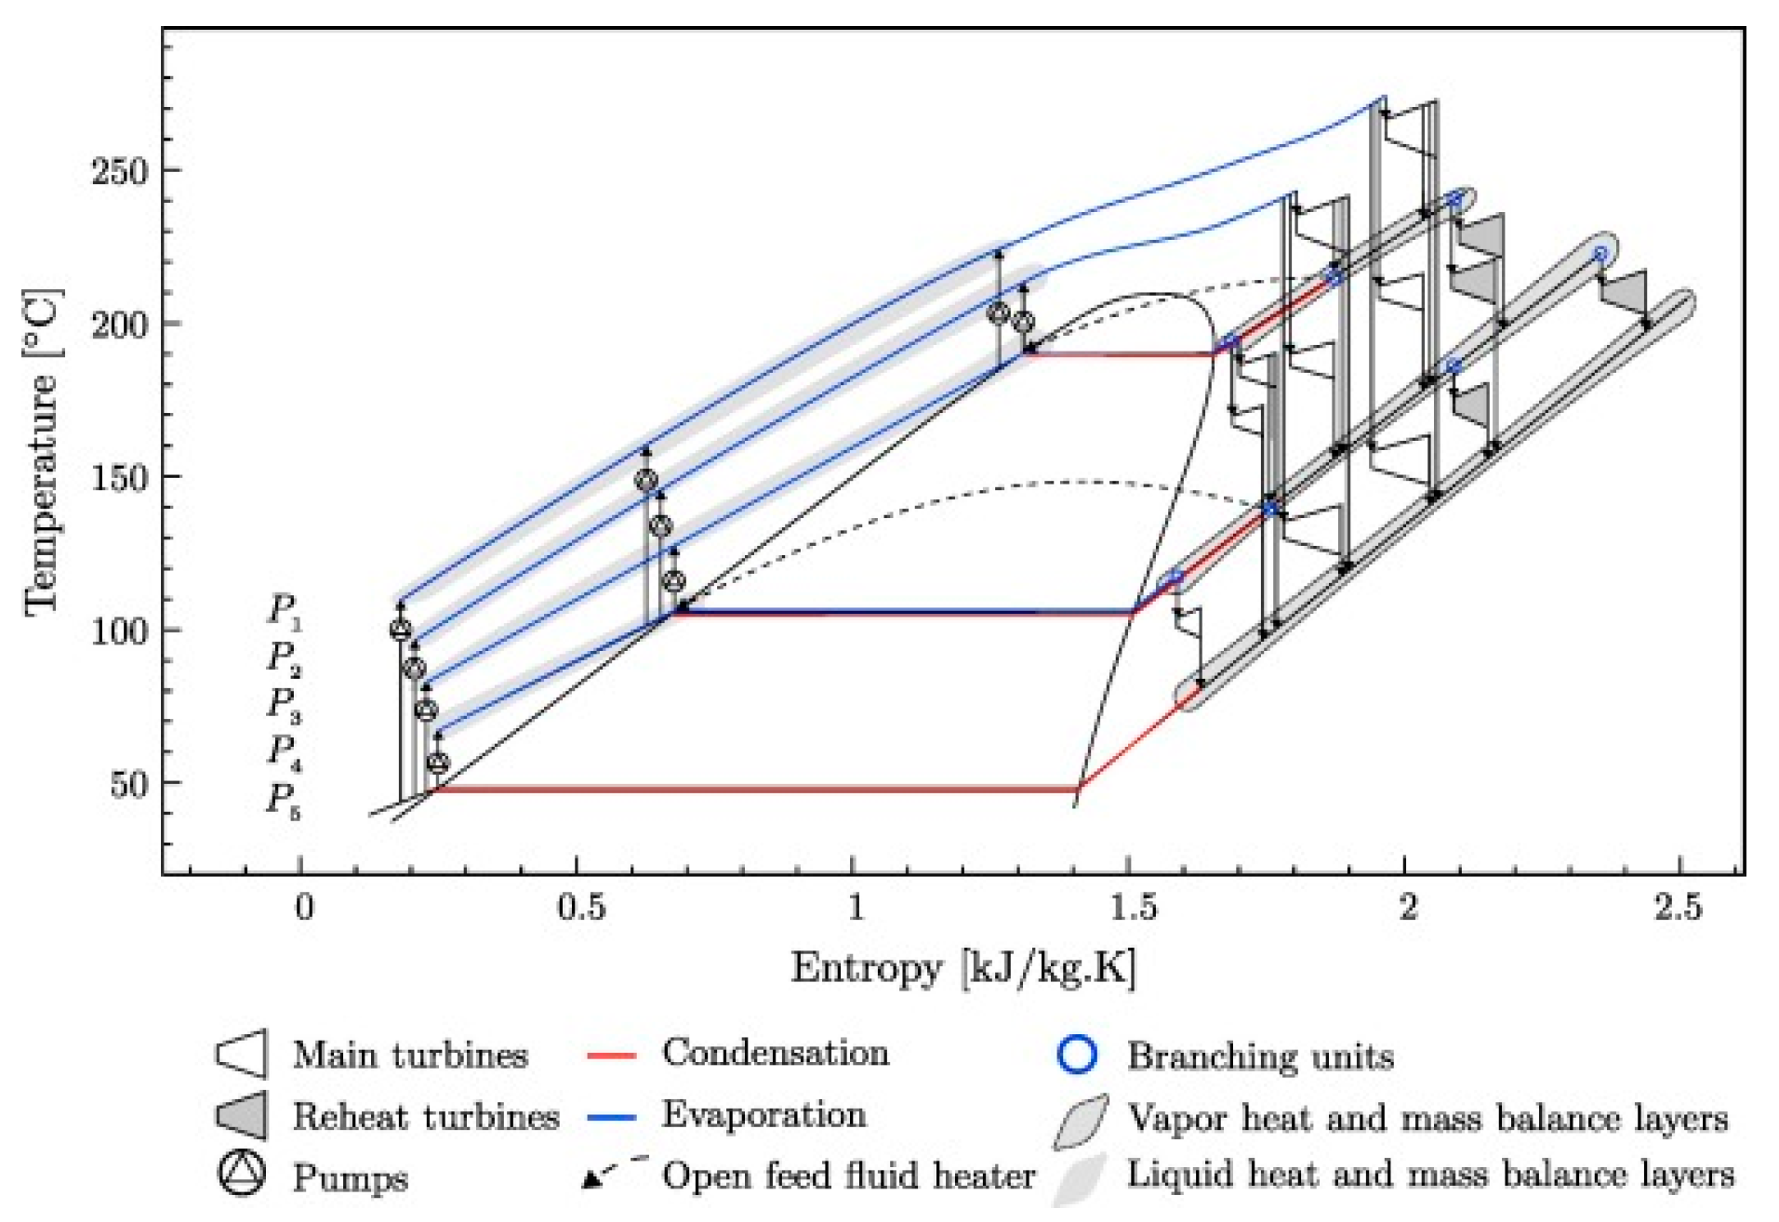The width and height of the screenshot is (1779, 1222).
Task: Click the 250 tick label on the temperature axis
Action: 120,171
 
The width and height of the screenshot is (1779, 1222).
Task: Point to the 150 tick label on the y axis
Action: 120,478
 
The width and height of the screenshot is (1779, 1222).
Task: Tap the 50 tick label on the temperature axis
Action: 129,785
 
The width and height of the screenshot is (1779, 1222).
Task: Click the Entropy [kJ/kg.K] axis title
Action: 963,968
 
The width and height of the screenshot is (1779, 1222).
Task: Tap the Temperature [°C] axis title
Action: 42,452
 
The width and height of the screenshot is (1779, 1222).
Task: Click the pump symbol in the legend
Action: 242,1175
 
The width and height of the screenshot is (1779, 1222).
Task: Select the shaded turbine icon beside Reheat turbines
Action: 242,1115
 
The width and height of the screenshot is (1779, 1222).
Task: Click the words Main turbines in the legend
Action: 410,1056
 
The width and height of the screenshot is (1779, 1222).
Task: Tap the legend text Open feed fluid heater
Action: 848,1176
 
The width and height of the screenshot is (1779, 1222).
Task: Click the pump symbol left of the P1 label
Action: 400,630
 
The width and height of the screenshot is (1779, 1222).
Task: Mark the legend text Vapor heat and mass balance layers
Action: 1427,1118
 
